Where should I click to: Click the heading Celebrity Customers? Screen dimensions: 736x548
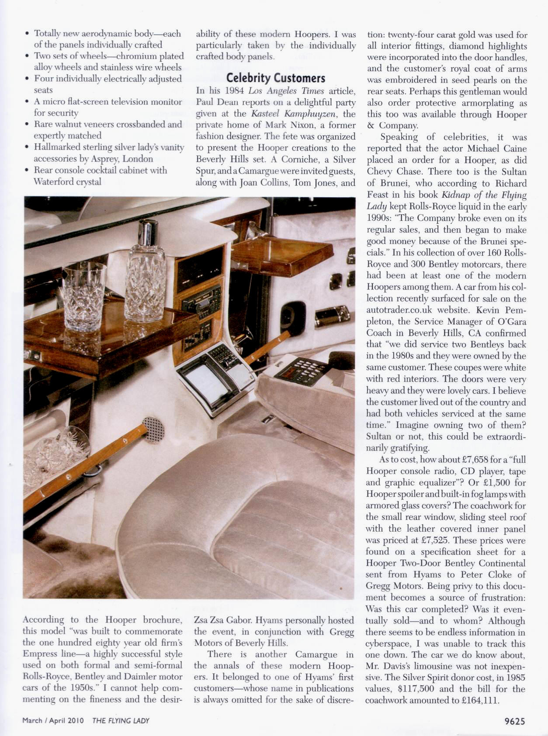click(x=275, y=78)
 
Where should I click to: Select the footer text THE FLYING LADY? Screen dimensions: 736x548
click(x=121, y=721)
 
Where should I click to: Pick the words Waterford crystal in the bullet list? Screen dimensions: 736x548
click(x=67, y=182)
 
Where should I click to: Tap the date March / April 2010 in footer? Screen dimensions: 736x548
click(x=53, y=721)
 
